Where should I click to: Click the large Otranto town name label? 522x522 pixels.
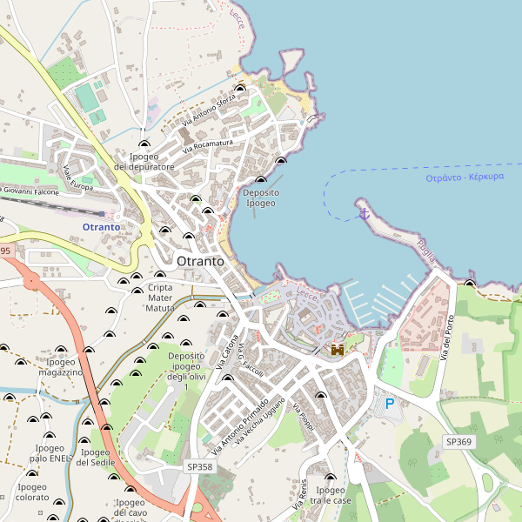[200, 261]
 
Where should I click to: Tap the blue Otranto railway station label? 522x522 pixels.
[102, 227]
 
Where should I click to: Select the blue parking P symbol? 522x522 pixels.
[390, 403]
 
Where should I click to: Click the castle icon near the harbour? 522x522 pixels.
[337, 350]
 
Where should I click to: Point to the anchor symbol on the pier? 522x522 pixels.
[364, 210]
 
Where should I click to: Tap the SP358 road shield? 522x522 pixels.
[199, 467]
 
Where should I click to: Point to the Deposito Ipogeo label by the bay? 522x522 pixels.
[261, 197]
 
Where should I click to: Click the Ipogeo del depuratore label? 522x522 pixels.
[144, 161]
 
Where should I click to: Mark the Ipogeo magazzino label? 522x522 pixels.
[60, 367]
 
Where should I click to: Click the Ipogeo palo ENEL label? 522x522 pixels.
[48, 452]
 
